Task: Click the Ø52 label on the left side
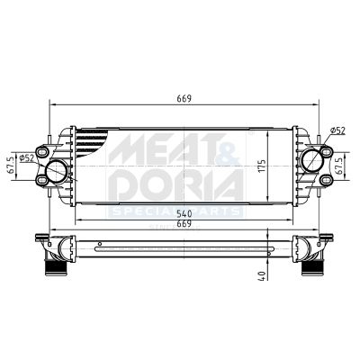click(27, 159)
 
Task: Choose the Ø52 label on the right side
click(337, 132)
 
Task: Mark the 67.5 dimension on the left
click(11, 166)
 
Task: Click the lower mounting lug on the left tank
click(41, 183)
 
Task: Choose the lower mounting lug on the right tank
click(321, 183)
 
